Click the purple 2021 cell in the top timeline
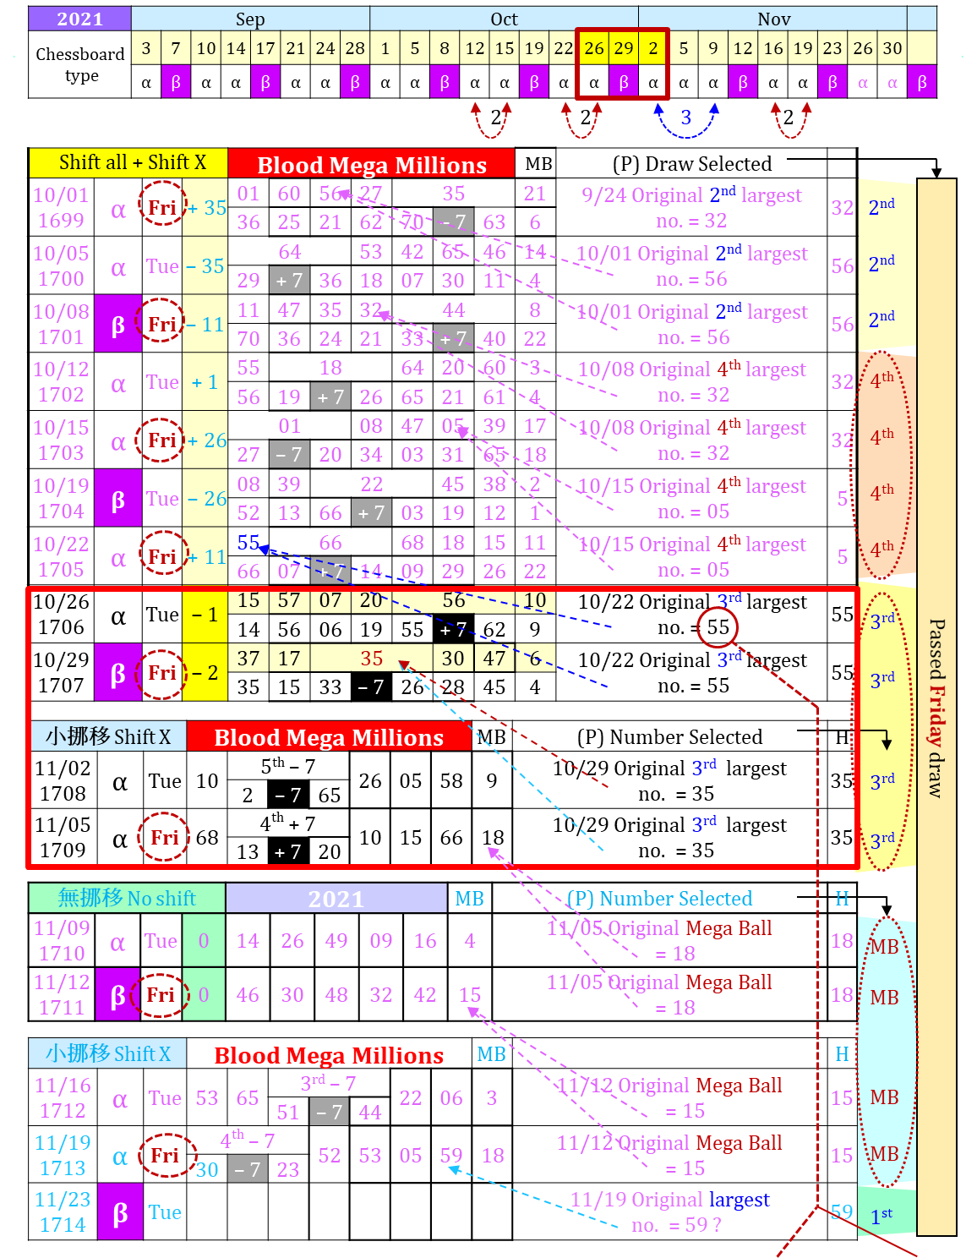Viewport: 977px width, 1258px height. (x=79, y=19)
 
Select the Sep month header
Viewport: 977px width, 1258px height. (x=250, y=19)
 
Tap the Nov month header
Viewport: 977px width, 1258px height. (x=773, y=19)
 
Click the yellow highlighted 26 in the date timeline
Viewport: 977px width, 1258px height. (x=594, y=48)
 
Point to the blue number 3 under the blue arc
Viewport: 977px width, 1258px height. (x=685, y=118)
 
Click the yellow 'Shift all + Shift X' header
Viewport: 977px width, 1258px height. (x=128, y=162)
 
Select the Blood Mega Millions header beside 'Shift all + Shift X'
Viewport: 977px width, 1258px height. (x=371, y=164)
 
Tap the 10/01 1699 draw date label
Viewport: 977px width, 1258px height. (x=61, y=208)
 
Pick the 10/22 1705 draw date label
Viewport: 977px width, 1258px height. (x=61, y=556)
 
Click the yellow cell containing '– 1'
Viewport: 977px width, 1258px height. (x=205, y=615)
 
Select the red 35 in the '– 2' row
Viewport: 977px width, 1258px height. (x=371, y=658)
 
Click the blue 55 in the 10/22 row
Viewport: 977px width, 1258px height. (x=248, y=542)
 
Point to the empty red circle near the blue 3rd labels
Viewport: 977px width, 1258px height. (x=717, y=627)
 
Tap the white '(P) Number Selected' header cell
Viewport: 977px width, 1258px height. (x=669, y=737)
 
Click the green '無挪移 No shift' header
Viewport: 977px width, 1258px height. (x=127, y=898)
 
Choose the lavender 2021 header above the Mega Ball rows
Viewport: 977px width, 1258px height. (x=336, y=898)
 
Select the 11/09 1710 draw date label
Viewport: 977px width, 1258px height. (x=62, y=940)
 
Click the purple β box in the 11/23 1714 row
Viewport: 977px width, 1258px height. (x=120, y=1212)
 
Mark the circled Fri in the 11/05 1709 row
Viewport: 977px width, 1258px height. (x=164, y=837)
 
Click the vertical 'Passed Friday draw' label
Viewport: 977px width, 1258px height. (x=936, y=708)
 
